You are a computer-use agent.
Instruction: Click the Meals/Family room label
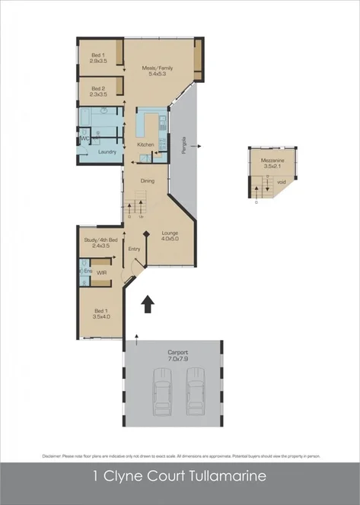pyautogui.click(x=158, y=68)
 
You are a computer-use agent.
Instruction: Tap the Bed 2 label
pyautogui.click(x=97, y=89)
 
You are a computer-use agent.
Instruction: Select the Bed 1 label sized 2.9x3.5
pyautogui.click(x=97, y=55)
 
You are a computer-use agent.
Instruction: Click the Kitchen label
pyautogui.click(x=145, y=145)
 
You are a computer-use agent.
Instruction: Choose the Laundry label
pyautogui.click(x=107, y=152)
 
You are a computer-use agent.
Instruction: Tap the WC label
pyautogui.click(x=84, y=138)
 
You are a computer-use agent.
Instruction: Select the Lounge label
pyautogui.click(x=170, y=234)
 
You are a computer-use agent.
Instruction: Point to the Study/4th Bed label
pyautogui.click(x=100, y=240)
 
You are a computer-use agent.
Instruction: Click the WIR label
pyautogui.click(x=101, y=270)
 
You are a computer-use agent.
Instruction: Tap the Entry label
pyautogui.click(x=135, y=249)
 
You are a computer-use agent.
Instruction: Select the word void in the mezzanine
pyautogui.click(x=281, y=182)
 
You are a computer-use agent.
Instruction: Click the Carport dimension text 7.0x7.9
pyautogui.click(x=177, y=357)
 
